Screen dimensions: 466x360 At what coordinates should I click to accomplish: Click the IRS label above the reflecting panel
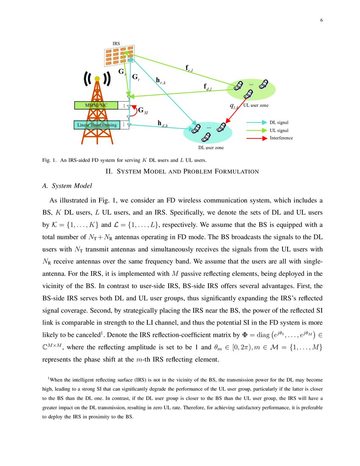tap(116, 44)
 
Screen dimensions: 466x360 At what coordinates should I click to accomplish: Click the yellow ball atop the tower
tap(97, 78)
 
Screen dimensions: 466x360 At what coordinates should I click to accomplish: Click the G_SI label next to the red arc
tap(143, 111)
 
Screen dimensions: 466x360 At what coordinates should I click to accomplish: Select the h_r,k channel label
tap(160, 80)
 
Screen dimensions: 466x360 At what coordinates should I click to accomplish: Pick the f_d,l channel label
tap(208, 87)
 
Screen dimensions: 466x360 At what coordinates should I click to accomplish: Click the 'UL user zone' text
tap(256, 105)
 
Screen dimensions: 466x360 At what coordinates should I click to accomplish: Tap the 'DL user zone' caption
tap(211, 147)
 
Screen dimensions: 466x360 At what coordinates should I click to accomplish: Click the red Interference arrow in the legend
tap(256, 138)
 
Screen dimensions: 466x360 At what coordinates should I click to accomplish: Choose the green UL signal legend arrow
tap(256, 130)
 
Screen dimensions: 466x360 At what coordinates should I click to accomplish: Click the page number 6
tap(321, 20)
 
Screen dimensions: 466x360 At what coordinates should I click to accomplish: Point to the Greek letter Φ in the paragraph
tap(244, 335)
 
